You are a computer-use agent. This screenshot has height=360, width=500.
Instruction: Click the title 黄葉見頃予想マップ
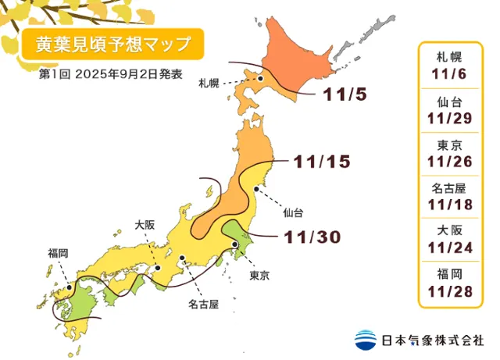click(x=112, y=45)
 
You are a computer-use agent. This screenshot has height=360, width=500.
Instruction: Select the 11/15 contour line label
click(x=321, y=162)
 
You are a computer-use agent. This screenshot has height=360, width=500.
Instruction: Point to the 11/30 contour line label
click(x=310, y=235)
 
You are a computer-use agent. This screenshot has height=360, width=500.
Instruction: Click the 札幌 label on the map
click(x=209, y=82)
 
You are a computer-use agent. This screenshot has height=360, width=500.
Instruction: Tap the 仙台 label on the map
click(x=294, y=211)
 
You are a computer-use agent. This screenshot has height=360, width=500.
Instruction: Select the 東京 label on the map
click(x=260, y=276)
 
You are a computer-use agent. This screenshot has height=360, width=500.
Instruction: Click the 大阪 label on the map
click(x=145, y=224)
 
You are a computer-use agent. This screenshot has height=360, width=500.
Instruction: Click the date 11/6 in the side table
click(x=452, y=73)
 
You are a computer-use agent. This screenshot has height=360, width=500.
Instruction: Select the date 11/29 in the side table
click(x=452, y=117)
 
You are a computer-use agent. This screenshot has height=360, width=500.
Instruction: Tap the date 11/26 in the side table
click(x=452, y=161)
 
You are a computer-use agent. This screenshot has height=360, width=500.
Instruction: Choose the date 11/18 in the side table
click(x=452, y=205)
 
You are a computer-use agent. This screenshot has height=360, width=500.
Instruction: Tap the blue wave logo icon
click(x=365, y=340)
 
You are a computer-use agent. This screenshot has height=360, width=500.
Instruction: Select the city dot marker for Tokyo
click(x=234, y=245)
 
